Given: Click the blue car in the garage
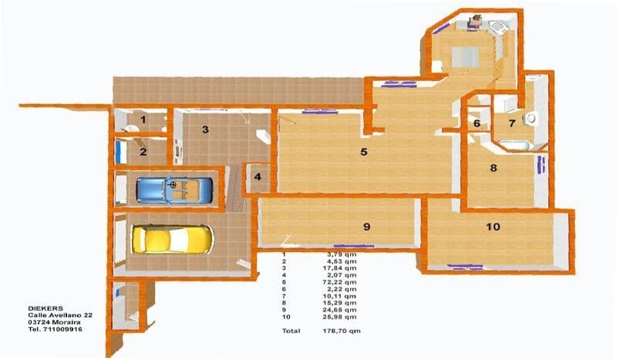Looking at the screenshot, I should pyautogui.click(x=174, y=189).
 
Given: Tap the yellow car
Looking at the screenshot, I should pyautogui.click(x=173, y=239).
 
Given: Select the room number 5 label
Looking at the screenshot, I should pyautogui.click(x=363, y=152).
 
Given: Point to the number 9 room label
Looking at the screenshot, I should pyautogui.click(x=367, y=226).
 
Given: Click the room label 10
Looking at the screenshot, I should pyautogui.click(x=493, y=226).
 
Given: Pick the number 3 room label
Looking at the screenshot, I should pyautogui.click(x=205, y=130).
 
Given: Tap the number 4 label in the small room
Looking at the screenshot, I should pyautogui.click(x=258, y=177).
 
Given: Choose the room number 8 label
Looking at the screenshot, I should pyautogui.click(x=493, y=167).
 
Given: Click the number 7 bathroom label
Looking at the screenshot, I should pyautogui.click(x=511, y=123).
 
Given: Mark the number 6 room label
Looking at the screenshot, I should pyautogui.click(x=477, y=123).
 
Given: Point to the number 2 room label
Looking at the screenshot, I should pyautogui.click(x=143, y=151).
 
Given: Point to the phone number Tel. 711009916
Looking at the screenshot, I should pyautogui.click(x=55, y=329).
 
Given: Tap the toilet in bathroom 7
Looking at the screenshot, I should pyautogui.click(x=531, y=118).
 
